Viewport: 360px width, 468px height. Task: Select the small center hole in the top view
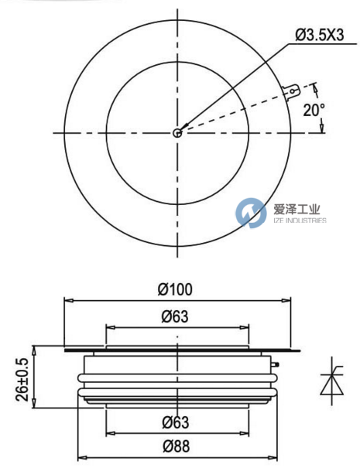coord(178,132)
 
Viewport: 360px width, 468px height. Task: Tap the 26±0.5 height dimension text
coord(23,379)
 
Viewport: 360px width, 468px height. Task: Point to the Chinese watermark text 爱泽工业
coord(297,208)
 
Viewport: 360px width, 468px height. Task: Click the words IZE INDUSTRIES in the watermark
coord(297,220)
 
